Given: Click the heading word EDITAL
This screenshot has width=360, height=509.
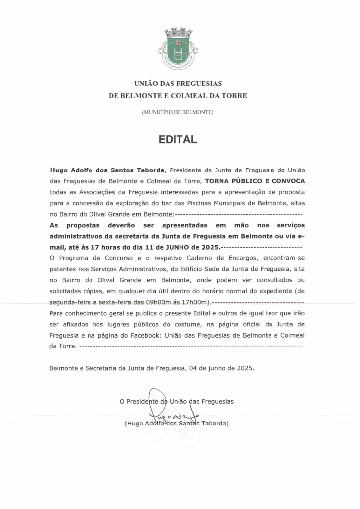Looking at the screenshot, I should [x=178, y=140].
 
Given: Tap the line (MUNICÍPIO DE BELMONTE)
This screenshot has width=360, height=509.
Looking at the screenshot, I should [x=178, y=113].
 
